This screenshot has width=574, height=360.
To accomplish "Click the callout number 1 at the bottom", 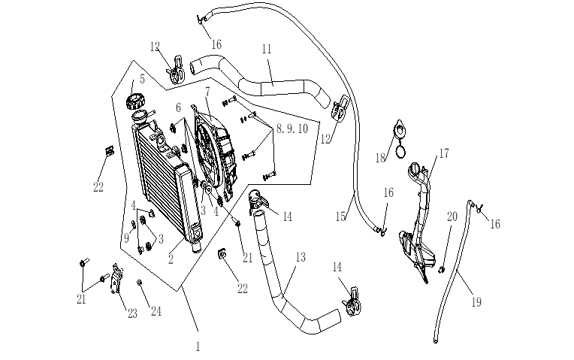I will point(198,346).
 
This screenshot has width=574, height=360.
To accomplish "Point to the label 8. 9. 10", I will point(292,129).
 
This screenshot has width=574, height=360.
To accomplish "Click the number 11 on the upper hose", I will point(267,49).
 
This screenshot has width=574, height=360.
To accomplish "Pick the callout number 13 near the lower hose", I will point(300,257).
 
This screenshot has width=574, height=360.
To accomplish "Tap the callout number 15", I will point(340,216).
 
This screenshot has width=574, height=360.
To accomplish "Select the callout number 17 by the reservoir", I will point(443,153).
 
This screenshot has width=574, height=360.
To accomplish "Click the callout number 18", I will point(380,158).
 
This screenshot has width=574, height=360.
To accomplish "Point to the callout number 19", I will point(476,302).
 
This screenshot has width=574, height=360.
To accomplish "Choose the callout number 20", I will point(452,216).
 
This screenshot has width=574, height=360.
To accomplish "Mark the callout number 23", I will point(132,313).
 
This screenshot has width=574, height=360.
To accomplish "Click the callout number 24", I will point(156,311).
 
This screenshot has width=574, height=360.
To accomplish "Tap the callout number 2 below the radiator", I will point(171,259).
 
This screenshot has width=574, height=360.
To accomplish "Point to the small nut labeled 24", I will point(139,282).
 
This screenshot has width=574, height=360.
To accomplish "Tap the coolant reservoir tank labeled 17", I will point(415,225).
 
